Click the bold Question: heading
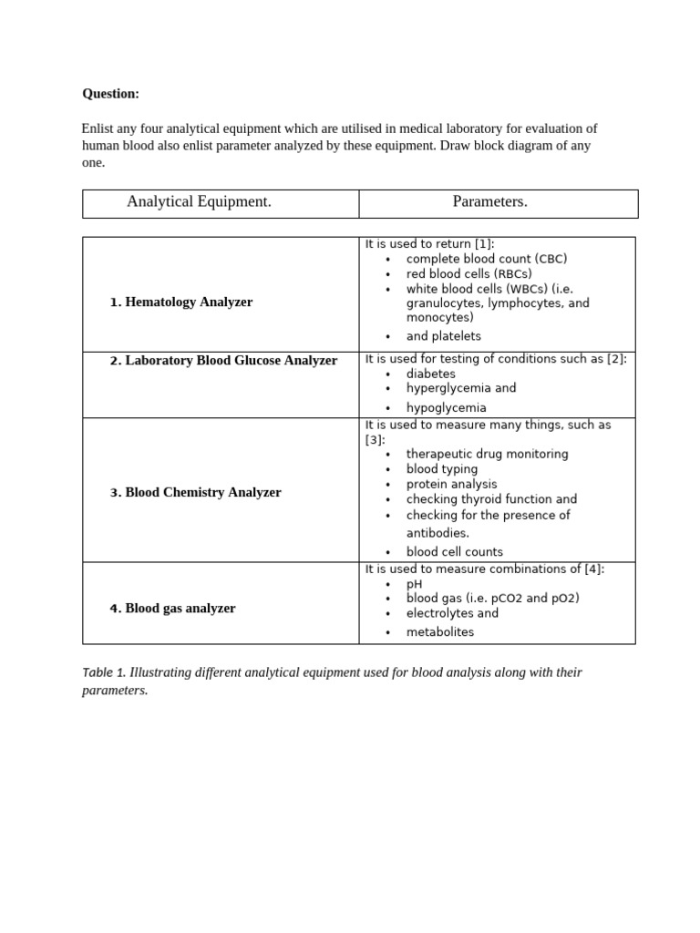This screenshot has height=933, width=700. click(110, 94)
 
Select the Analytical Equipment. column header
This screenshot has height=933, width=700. click(199, 202)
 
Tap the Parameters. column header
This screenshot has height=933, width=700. click(489, 202)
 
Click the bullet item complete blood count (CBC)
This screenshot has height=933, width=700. click(486, 259)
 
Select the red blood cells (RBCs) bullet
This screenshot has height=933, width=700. click(468, 273)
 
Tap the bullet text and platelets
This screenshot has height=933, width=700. click(443, 336)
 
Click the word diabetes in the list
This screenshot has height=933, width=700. click(430, 374)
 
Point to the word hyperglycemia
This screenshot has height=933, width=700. click(448, 388)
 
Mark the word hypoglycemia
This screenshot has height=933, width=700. click(446, 408)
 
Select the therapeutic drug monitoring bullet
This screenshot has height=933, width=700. click(487, 454)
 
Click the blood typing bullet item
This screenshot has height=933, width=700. click(441, 469)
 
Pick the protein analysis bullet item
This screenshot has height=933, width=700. click(451, 485)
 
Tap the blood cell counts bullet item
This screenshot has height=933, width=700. click(454, 552)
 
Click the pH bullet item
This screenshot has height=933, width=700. click(414, 584)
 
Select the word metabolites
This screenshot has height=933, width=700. click(439, 632)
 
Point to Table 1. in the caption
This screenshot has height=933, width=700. click(104, 673)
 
